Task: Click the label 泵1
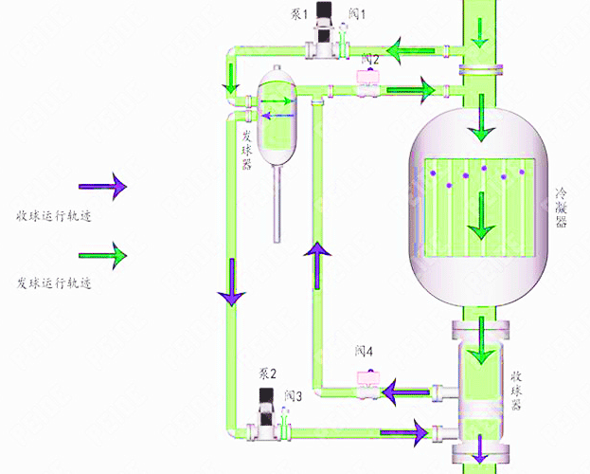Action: tap(302, 13)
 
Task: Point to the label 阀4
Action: tap(365, 351)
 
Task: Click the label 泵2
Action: tap(267, 373)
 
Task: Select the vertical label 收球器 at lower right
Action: tap(516, 391)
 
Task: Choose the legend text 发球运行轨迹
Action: tap(53, 283)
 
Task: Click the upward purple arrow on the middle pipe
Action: tap(318, 263)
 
